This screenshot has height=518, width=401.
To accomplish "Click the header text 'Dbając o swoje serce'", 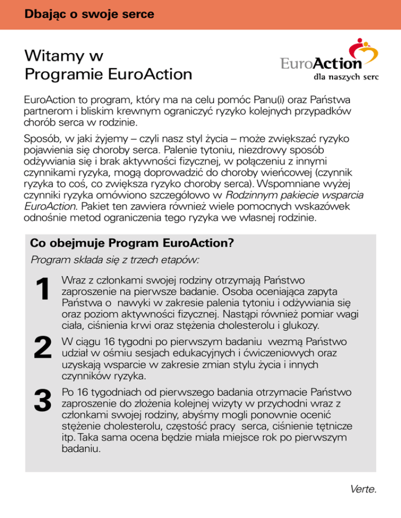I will click(x=89, y=15).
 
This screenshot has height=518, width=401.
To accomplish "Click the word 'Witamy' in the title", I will click(x=55, y=56).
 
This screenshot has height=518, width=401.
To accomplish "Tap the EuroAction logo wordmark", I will click(x=321, y=64).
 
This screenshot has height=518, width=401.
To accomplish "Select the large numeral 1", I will click(x=42, y=290).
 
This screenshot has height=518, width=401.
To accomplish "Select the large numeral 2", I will click(x=42, y=347).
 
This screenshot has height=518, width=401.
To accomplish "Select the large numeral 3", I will click(x=42, y=400).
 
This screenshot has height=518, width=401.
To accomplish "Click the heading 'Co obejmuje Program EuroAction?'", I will click(x=132, y=243).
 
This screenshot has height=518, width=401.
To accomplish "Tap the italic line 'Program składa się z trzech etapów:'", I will click(x=117, y=260).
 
